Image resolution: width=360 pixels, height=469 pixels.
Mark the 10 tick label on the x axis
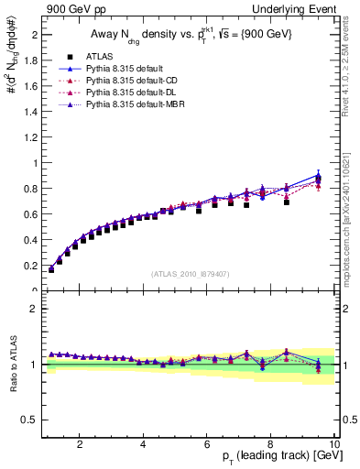point(333,443)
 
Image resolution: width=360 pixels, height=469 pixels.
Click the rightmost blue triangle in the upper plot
point(319,176)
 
